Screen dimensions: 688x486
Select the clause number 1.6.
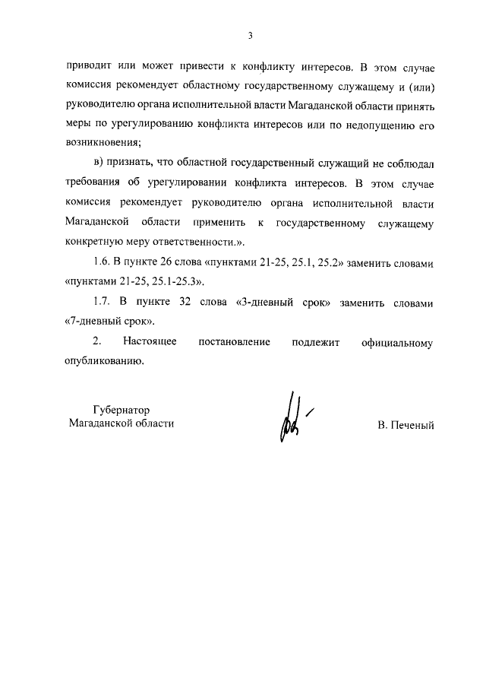[102, 263]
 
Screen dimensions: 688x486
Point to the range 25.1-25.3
[172, 282]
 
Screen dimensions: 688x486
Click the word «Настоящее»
[150, 342]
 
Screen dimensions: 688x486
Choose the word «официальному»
[397, 342]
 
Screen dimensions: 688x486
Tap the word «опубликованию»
[104, 361]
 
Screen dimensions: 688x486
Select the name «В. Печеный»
[406, 426]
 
